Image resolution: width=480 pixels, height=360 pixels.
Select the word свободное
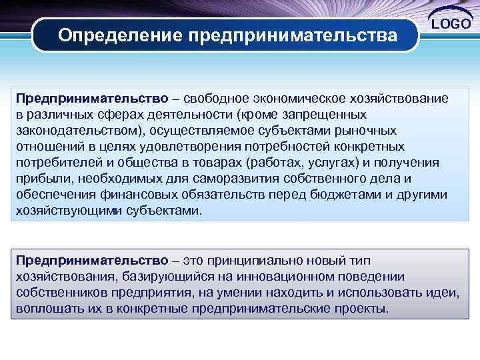click(x=219, y=99)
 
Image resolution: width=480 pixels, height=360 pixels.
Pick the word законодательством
click(x=75, y=131)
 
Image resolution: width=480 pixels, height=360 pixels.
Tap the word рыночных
click(x=365, y=131)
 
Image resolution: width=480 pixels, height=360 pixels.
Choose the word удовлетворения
click(x=201, y=147)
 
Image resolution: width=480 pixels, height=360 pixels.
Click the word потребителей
click(x=59, y=163)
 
